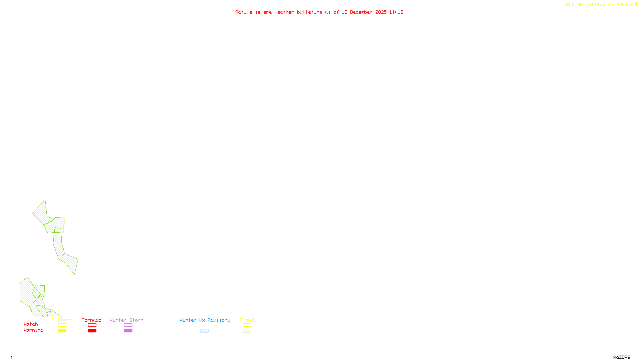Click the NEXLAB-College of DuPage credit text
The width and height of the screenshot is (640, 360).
coord(600,5)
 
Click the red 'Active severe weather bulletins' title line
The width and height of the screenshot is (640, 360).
coord(319,12)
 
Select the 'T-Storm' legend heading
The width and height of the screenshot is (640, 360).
coord(62,320)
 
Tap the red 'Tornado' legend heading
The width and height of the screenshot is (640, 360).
coord(92,320)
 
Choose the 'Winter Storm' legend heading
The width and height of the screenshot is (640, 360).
coord(126,320)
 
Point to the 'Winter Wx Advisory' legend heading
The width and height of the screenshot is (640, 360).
coord(205,320)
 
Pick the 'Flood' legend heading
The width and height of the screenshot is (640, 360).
coord(247,320)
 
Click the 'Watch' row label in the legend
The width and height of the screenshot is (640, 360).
coord(31,324)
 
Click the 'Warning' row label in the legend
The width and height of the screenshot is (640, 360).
coord(34,330)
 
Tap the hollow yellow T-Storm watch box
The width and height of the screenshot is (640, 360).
coord(62,325)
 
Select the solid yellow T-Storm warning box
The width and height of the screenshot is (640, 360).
coord(62,331)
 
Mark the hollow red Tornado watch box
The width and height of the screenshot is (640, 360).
coord(92,325)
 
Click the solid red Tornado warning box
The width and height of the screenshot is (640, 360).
coord(92,331)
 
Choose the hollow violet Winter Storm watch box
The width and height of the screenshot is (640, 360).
coord(128,325)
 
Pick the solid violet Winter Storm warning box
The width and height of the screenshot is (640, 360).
coord(128,331)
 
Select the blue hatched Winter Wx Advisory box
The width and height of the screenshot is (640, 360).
coord(204,331)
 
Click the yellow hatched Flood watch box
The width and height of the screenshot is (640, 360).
coord(247,325)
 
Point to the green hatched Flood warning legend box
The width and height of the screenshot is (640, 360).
coord(247,331)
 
